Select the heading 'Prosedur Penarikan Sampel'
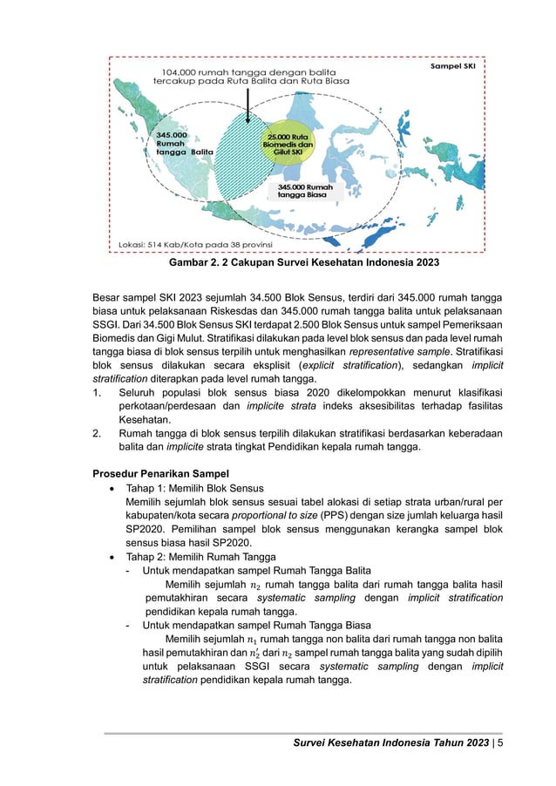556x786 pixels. coord(155,473)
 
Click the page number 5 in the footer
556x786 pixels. coord(500,743)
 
